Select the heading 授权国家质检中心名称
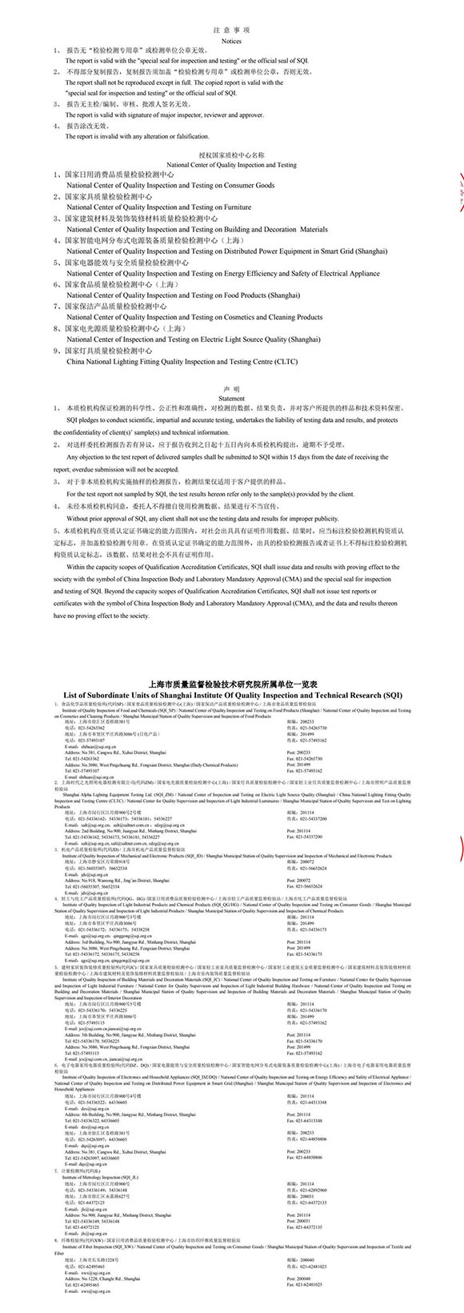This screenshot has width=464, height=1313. coord(231,155)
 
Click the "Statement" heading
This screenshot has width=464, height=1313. coord(231,398)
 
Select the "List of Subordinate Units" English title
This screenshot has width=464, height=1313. coord(231,695)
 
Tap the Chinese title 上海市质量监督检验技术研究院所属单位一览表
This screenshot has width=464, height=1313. coord(231,685)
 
